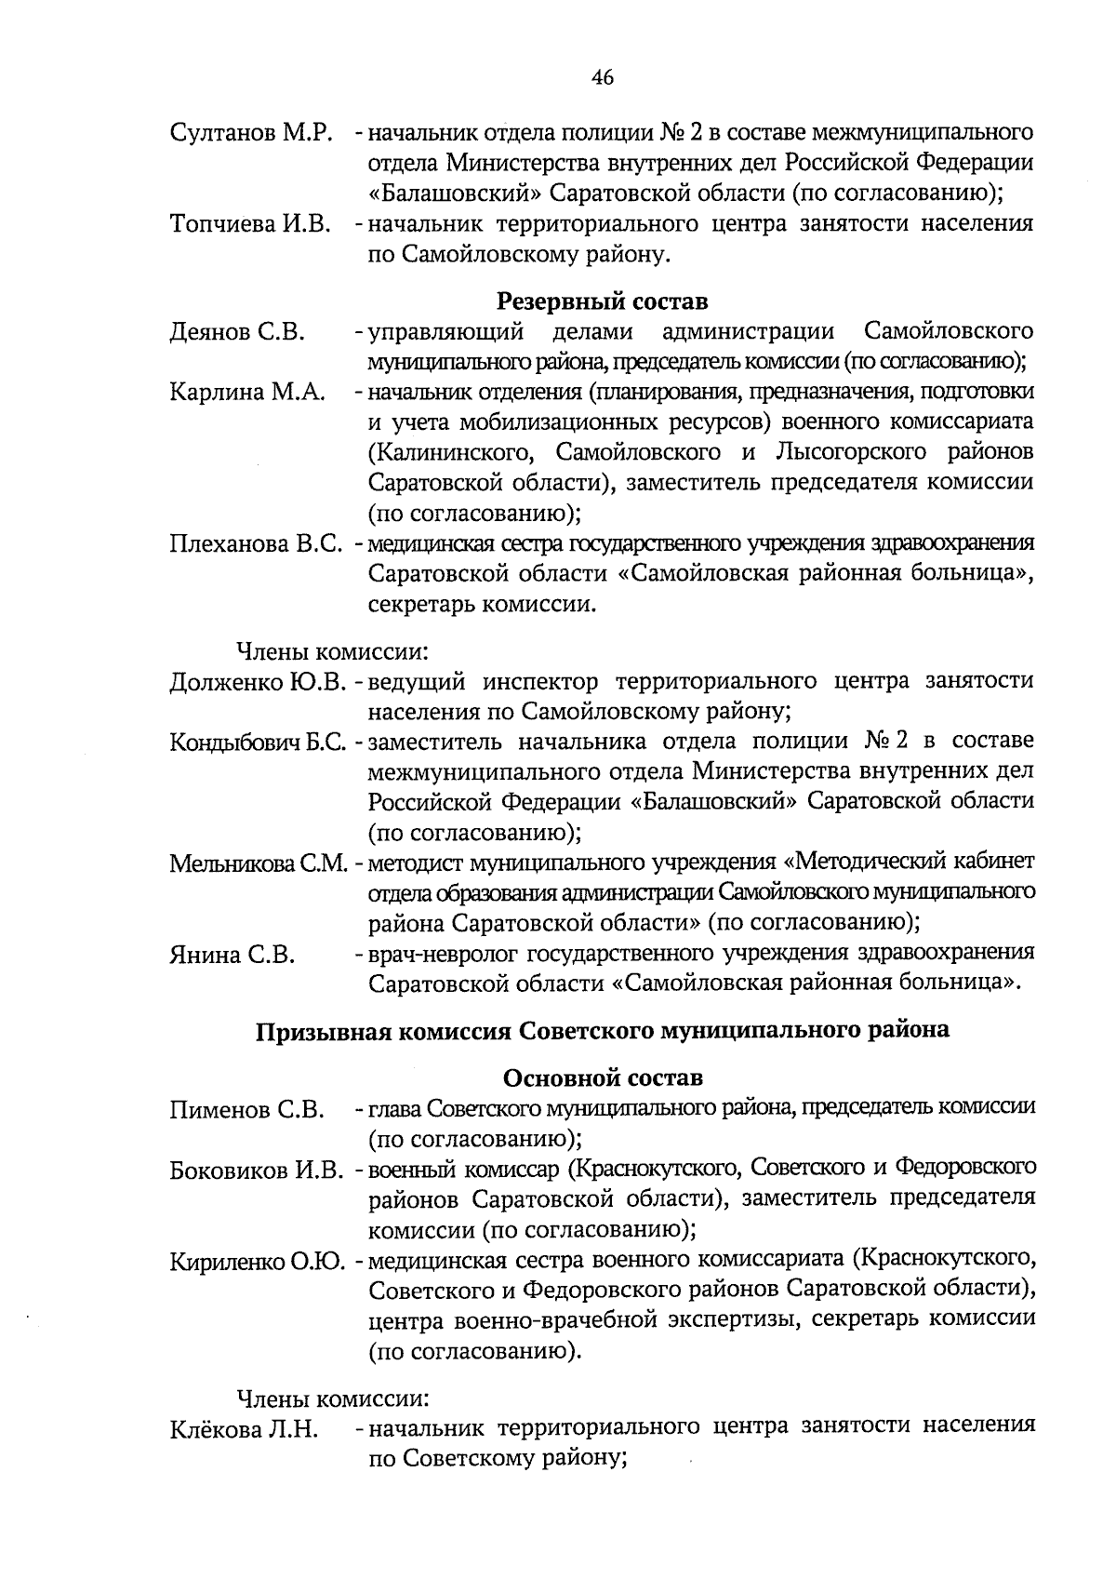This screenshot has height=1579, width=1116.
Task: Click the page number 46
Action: pyautogui.click(x=602, y=78)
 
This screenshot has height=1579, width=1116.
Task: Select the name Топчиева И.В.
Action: pyautogui.click(x=251, y=224)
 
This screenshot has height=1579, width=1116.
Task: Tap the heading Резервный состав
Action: pyautogui.click(x=602, y=301)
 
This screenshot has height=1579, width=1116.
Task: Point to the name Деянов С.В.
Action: pyautogui.click(x=237, y=332)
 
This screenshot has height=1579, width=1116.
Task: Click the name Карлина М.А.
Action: pyautogui.click(x=247, y=393)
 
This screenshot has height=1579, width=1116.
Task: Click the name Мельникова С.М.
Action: pyautogui.click(x=259, y=863)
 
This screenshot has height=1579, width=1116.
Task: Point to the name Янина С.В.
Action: pyautogui.click(x=232, y=955)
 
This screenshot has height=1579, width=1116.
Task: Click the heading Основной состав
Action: pyautogui.click(x=602, y=1077)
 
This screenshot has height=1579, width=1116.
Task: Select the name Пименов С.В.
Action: pyautogui.click(x=246, y=1110)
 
